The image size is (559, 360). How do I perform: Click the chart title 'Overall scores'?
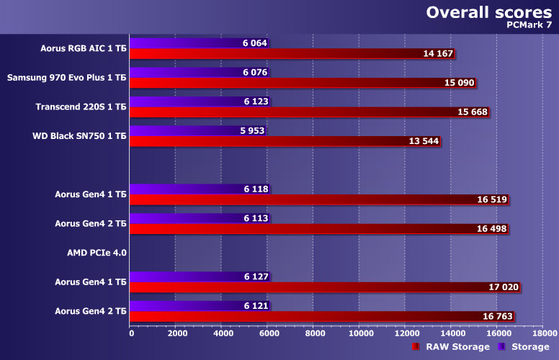(491, 12)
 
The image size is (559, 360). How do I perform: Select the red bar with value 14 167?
(288, 54)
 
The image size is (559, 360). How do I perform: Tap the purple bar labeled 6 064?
(187, 43)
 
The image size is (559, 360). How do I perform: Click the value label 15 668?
(473, 112)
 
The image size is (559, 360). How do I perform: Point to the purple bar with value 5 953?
(184, 131)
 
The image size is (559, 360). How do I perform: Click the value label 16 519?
(492, 199)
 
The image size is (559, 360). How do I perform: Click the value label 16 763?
(498, 316)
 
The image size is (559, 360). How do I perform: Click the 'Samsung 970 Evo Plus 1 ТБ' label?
(66, 77)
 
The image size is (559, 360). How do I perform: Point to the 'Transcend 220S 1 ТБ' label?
(81, 107)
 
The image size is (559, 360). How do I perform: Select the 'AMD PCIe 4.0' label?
(96, 253)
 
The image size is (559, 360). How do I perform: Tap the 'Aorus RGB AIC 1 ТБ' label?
(84, 48)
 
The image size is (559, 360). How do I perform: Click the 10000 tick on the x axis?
(360, 333)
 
